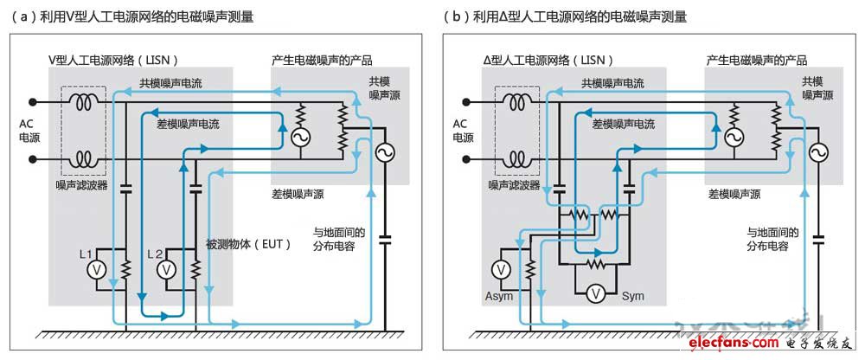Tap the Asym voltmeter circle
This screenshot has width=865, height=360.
tap(501, 269)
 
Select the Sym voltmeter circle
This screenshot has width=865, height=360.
tap(594, 294)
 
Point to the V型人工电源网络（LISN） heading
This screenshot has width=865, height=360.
tap(112, 60)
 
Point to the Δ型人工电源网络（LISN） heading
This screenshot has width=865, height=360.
tap(548, 60)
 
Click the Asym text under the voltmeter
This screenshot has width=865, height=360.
tap(498, 297)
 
